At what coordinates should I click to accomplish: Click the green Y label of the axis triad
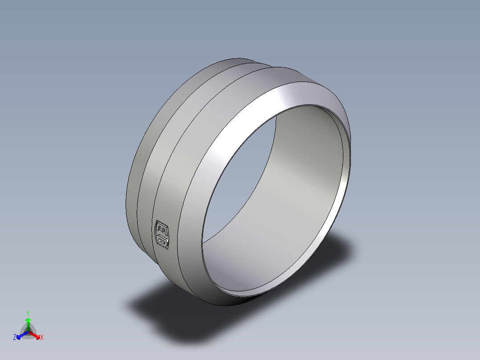click(28, 313)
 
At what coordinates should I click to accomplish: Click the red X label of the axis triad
click(42, 338)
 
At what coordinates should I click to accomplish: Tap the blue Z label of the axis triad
click(15, 338)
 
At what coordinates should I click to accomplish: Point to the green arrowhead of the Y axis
click(28, 320)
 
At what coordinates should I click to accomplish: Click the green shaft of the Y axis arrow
click(28, 327)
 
